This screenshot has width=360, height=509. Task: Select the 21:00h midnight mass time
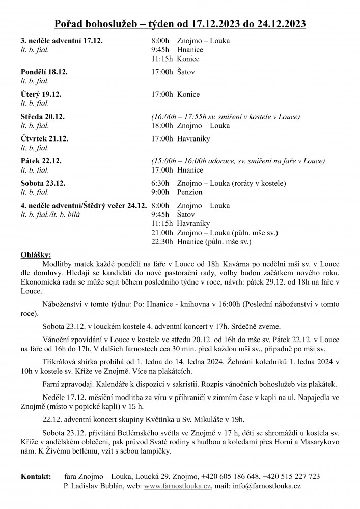click(162, 233)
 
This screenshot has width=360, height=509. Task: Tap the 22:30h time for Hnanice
click(162, 242)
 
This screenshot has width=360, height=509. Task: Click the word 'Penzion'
click(190, 193)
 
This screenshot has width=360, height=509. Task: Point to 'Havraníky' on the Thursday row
click(195, 139)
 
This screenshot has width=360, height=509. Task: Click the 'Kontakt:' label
click(36, 476)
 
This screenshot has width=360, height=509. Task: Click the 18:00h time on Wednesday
click(162, 126)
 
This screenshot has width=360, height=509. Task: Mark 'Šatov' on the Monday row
click(186, 72)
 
